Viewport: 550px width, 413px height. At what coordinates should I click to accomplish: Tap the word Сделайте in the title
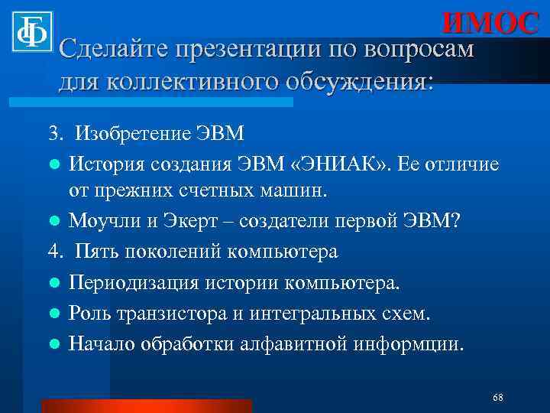coord(114,50)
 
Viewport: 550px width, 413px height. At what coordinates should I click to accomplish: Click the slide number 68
coord(497,398)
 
